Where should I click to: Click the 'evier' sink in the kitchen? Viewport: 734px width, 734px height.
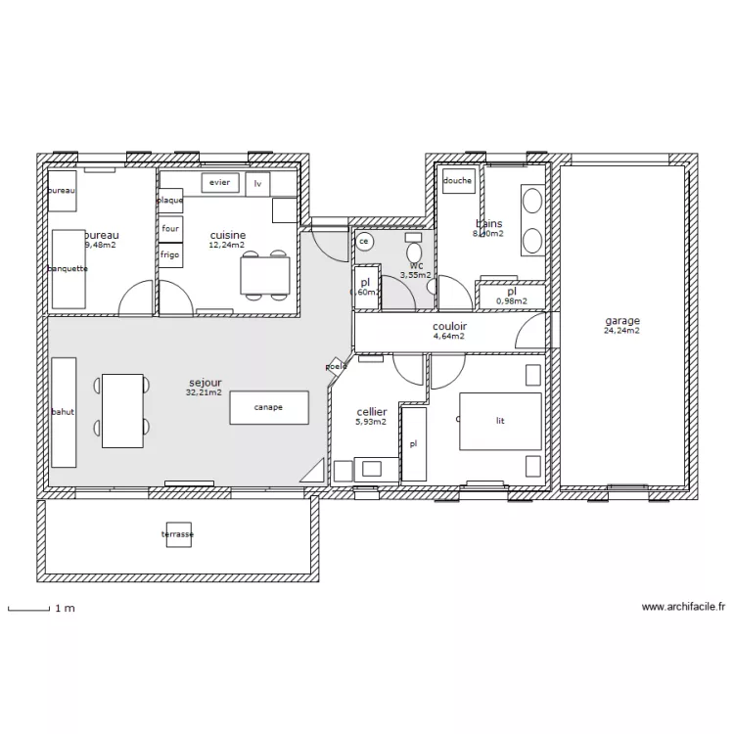[x=219, y=183]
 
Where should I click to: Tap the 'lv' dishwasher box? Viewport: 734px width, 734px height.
[x=258, y=183]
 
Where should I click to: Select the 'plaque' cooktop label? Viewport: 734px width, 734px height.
[x=170, y=201]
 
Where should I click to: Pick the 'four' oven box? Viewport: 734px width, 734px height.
[x=170, y=228]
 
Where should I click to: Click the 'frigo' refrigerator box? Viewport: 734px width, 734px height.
[x=170, y=253]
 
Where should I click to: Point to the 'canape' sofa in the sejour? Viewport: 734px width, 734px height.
[x=268, y=407]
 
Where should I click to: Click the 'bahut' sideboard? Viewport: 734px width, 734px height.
[x=64, y=412]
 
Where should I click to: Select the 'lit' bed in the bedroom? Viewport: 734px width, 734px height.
[x=500, y=421]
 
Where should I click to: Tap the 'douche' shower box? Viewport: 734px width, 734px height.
[x=458, y=180]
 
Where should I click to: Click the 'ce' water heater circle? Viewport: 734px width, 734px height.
[x=364, y=240]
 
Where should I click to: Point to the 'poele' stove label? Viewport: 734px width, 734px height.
[x=337, y=366]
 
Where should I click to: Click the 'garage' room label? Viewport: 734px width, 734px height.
[x=622, y=321]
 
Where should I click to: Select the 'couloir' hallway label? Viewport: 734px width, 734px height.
[x=449, y=326]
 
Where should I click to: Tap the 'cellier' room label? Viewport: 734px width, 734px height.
[x=372, y=412]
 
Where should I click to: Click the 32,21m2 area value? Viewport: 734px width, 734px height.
[x=204, y=392]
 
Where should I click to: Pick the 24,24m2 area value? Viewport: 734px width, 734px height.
[x=622, y=331]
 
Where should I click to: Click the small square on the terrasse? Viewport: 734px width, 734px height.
[x=178, y=534]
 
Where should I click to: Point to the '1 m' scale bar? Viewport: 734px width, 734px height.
[x=29, y=608]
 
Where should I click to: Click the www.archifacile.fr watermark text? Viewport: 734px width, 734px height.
[x=683, y=608]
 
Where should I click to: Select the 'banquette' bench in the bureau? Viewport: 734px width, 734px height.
[x=69, y=268]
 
